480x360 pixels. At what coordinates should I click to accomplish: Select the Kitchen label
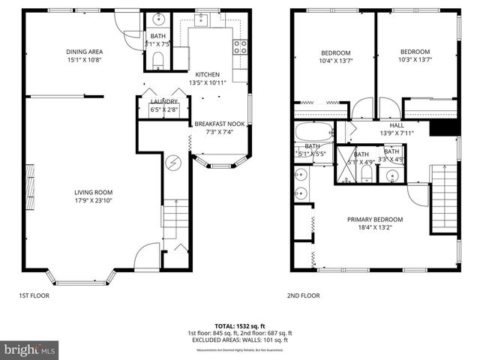coord(208,74)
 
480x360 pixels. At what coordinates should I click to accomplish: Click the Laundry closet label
coord(164,101)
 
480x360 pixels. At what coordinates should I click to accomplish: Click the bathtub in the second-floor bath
coord(312,133)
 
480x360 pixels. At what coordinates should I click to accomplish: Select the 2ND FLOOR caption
coord(303,295)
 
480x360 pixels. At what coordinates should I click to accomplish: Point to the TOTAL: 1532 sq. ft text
coord(239,325)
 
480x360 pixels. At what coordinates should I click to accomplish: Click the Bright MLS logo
coord(30,349)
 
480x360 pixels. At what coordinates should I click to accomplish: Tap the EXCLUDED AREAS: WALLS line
coord(239,339)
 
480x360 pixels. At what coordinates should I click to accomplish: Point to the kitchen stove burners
coord(241,46)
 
